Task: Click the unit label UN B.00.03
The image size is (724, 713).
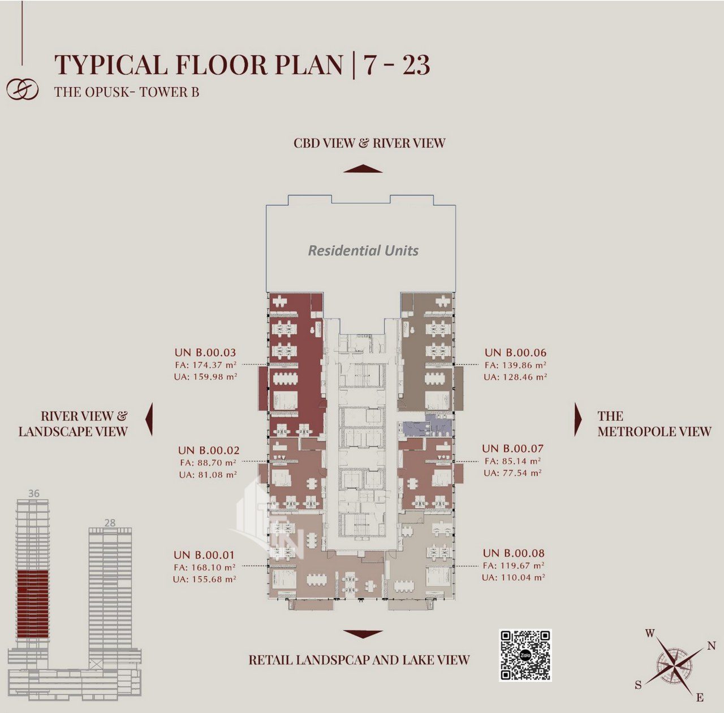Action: coord(205,352)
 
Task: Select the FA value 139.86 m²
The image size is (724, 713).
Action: coord(515,365)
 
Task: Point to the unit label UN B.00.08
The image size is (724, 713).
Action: coord(514,553)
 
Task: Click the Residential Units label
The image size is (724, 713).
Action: coord(363,250)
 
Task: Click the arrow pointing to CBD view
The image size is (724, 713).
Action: coord(363,168)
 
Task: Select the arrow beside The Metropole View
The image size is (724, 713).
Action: coord(578,419)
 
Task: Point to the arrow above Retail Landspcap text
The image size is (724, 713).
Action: coord(363,634)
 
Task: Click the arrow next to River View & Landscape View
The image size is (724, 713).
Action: coord(149,419)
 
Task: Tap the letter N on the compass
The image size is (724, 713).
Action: coord(711,646)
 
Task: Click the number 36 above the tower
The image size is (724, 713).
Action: coord(33,493)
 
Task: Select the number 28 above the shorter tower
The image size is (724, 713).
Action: coord(110,522)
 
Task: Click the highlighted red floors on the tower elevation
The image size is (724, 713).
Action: coord(33,604)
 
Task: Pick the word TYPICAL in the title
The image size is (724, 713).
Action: coord(111,64)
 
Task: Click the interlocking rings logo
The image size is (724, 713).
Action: coord(23,90)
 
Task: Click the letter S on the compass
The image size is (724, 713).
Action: coord(639,685)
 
